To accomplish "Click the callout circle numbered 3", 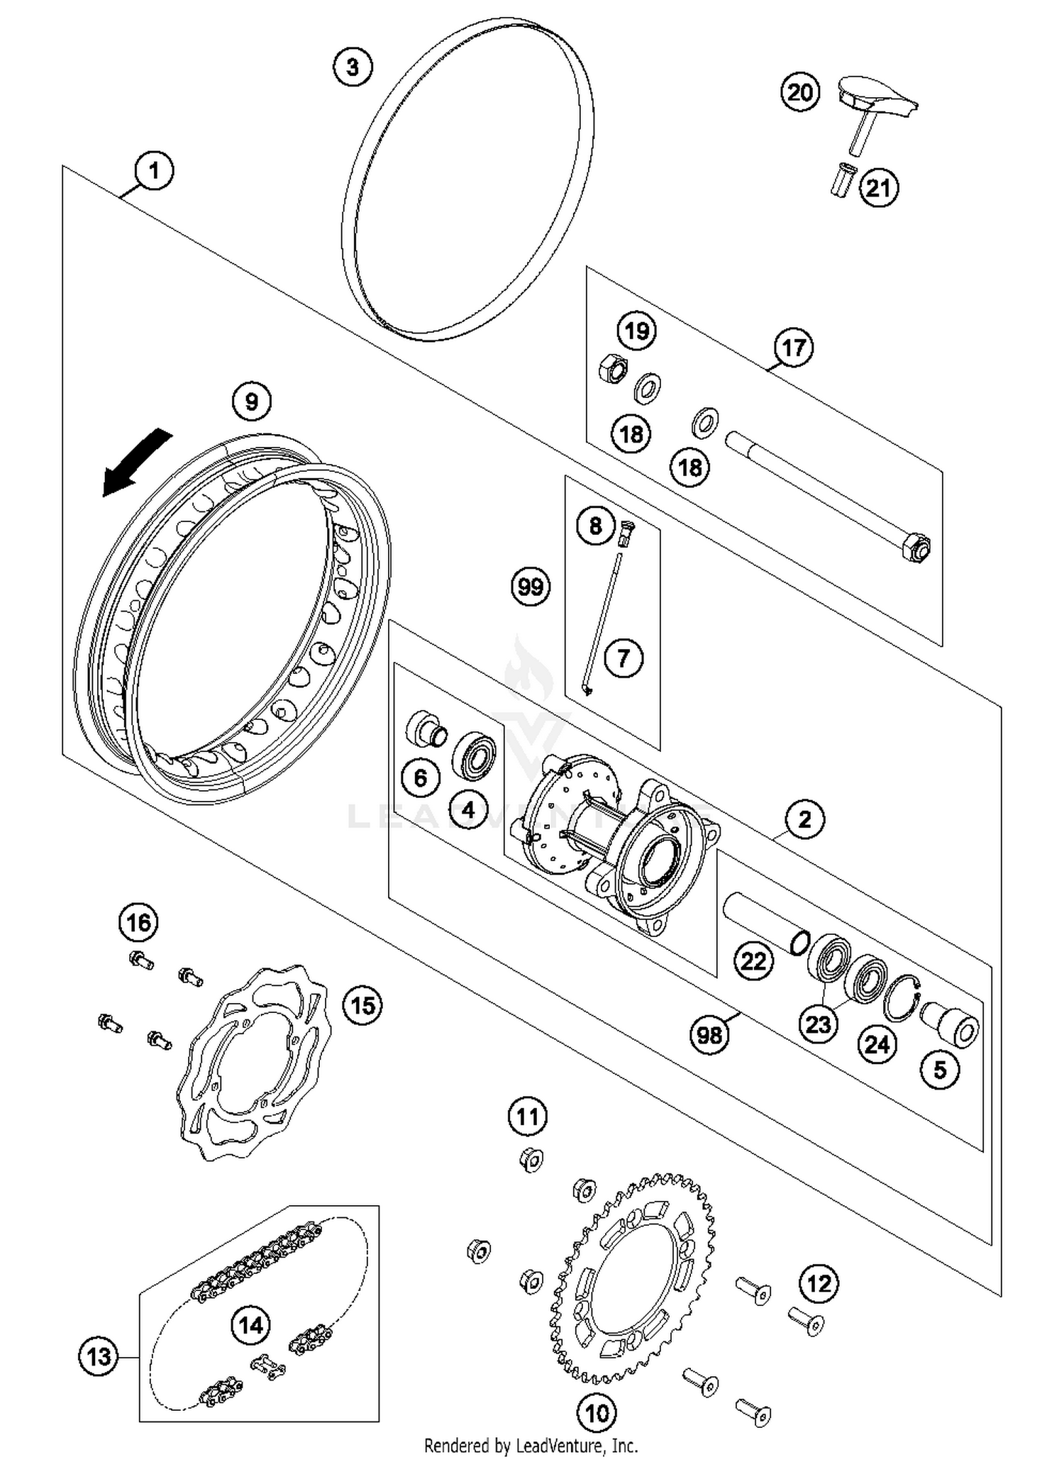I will [x=353, y=67].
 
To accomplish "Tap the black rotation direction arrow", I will [x=136, y=463].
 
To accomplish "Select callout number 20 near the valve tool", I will [x=800, y=93].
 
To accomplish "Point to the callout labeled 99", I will [x=531, y=587].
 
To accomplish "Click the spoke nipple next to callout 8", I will [x=625, y=532].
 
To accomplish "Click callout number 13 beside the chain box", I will [x=99, y=1357].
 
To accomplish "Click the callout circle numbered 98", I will [x=709, y=1035].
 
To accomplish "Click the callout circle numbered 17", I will [x=793, y=348].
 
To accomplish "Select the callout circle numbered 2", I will [x=804, y=819].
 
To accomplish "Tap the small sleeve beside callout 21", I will [x=843, y=181].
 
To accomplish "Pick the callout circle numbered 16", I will [x=138, y=922].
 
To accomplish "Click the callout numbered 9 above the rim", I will [x=252, y=402].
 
